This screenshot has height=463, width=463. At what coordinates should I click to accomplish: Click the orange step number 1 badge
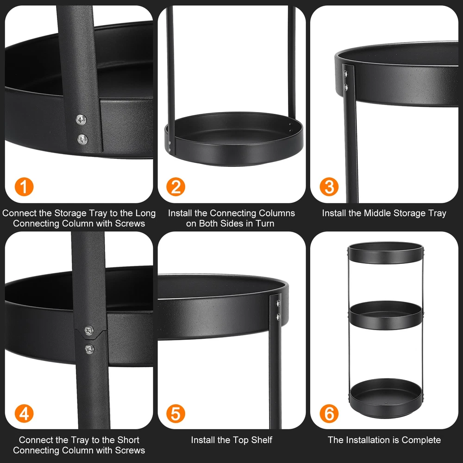pos(24,187)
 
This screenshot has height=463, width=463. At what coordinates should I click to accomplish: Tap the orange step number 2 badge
pos(175,187)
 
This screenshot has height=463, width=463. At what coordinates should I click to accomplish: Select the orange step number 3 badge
pos(329,187)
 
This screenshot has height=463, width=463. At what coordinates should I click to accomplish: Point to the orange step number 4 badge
pos(24,413)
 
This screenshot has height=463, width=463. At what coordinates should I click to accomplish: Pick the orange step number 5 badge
pos(175,413)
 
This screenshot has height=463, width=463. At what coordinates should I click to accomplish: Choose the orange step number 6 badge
pos(329,413)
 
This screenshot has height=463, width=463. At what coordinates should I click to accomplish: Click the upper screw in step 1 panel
pos(81,119)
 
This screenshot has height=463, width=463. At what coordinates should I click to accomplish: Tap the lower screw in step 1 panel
pos(82,139)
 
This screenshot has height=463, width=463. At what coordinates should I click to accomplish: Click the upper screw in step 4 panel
pos(89,331)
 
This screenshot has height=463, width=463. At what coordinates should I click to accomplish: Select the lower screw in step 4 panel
pos(89,349)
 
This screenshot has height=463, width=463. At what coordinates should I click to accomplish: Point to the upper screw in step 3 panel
pos(345,74)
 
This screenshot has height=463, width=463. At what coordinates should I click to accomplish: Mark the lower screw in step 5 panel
pos(278,317)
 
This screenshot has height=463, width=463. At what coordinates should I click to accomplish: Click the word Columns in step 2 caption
pos(277,213)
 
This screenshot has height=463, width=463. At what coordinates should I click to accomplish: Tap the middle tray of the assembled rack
pos(386,315)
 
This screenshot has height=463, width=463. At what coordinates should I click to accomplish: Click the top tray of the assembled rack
pos(386,253)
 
